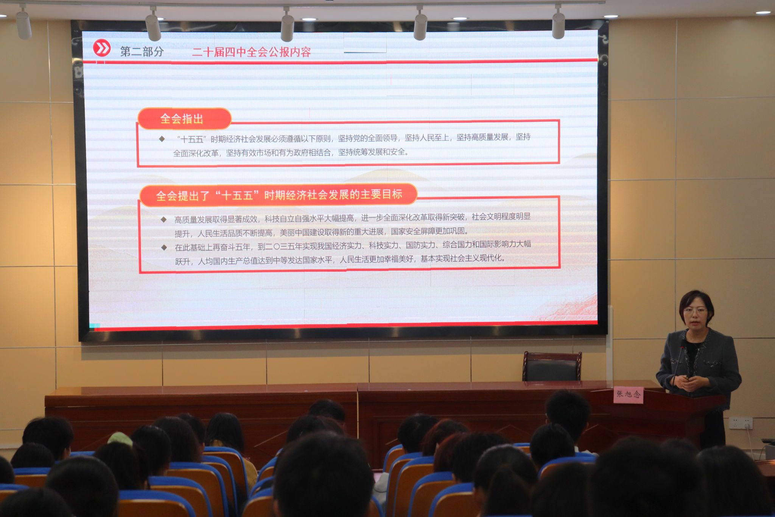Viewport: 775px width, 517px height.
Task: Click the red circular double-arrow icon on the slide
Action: pos(102,48)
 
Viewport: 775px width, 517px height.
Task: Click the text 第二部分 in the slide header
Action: pos(142,52)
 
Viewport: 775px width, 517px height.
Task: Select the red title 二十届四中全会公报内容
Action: pos(251,52)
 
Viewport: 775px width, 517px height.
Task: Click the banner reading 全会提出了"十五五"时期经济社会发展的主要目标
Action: pos(279,195)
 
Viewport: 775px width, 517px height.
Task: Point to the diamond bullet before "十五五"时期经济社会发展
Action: pos(162,139)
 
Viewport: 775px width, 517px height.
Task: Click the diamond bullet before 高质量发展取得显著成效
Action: pos(164,219)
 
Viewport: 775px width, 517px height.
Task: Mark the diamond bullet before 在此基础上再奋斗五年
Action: pos(164,247)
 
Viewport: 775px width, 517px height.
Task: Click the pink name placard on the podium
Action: pos(628,394)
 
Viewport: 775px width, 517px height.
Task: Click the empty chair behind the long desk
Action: pos(552,366)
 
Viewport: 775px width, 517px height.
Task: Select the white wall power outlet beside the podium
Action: pos(740,423)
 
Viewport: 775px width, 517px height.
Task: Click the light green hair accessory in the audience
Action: pos(120,439)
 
